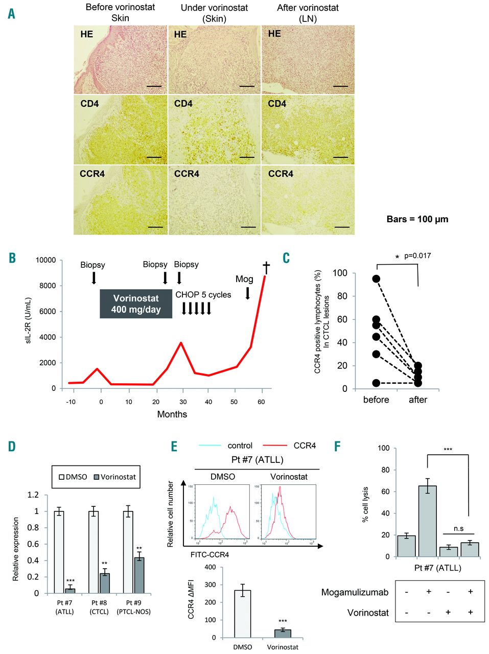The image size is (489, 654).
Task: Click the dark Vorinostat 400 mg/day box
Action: tap(136, 304)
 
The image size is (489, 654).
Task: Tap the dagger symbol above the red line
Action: tap(266, 267)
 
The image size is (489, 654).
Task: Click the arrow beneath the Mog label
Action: tap(248, 293)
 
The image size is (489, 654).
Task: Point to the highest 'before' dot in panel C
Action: tap(376, 278)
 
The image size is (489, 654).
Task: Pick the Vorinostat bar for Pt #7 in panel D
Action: tap(70, 591)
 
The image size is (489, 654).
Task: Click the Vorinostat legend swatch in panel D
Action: tap(97, 477)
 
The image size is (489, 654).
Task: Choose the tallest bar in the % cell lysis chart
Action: tap(427, 521)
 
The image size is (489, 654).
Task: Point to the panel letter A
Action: tap(11, 14)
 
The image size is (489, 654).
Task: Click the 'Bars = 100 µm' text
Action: tap(417, 219)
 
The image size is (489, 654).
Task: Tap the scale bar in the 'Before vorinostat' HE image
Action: tap(154, 86)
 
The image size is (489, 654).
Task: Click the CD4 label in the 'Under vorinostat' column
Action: tap(183, 104)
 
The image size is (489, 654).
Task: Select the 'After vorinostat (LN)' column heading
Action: tap(308, 13)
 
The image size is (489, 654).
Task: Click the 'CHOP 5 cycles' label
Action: tap(203, 295)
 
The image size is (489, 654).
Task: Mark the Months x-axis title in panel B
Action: tap(172, 414)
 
